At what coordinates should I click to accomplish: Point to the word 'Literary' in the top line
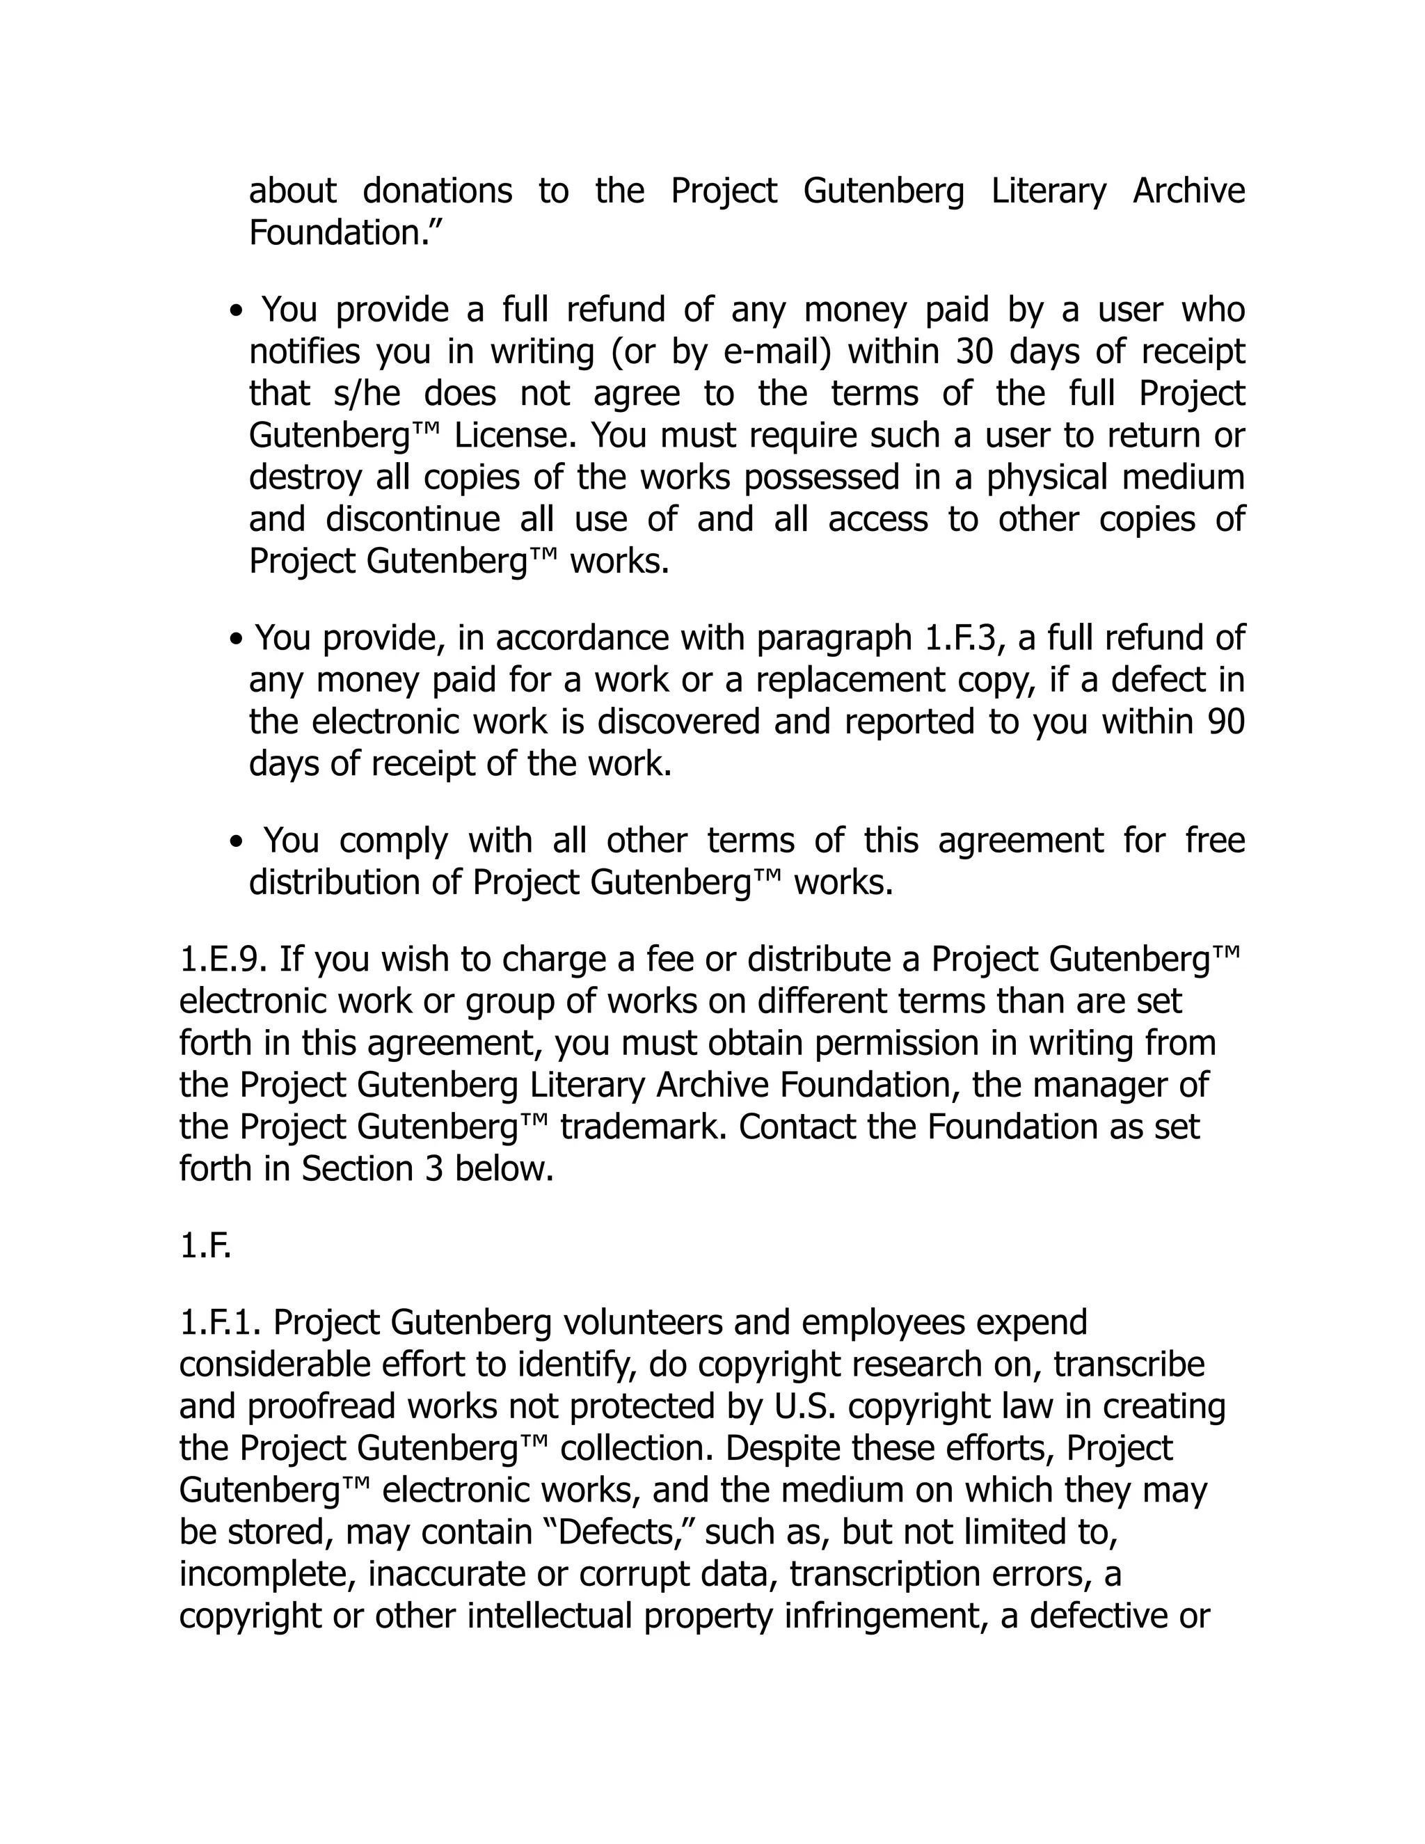[x=1048, y=191]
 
